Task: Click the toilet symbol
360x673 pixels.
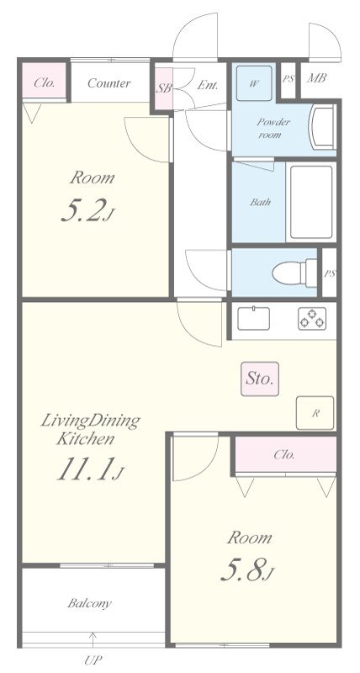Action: click(x=294, y=272)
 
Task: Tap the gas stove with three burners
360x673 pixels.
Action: click(x=312, y=319)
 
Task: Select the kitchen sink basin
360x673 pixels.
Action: click(x=253, y=318)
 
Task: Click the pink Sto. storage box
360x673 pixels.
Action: click(x=260, y=379)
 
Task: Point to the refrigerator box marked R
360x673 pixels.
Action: click(x=315, y=413)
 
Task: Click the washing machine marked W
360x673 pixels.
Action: click(x=253, y=83)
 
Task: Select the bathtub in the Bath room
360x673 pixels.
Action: click(x=311, y=202)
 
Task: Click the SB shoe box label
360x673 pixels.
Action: click(x=163, y=88)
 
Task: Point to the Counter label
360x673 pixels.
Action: click(x=109, y=82)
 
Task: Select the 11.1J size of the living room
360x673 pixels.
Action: click(x=90, y=469)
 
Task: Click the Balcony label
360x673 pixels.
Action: click(x=89, y=603)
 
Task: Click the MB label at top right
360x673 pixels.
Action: click(x=316, y=78)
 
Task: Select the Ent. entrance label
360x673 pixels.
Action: click(x=208, y=85)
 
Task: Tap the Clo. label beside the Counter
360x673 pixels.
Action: click(x=45, y=82)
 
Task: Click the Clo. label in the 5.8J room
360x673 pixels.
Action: click(x=284, y=454)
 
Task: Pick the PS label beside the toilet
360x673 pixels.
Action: click(x=330, y=273)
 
